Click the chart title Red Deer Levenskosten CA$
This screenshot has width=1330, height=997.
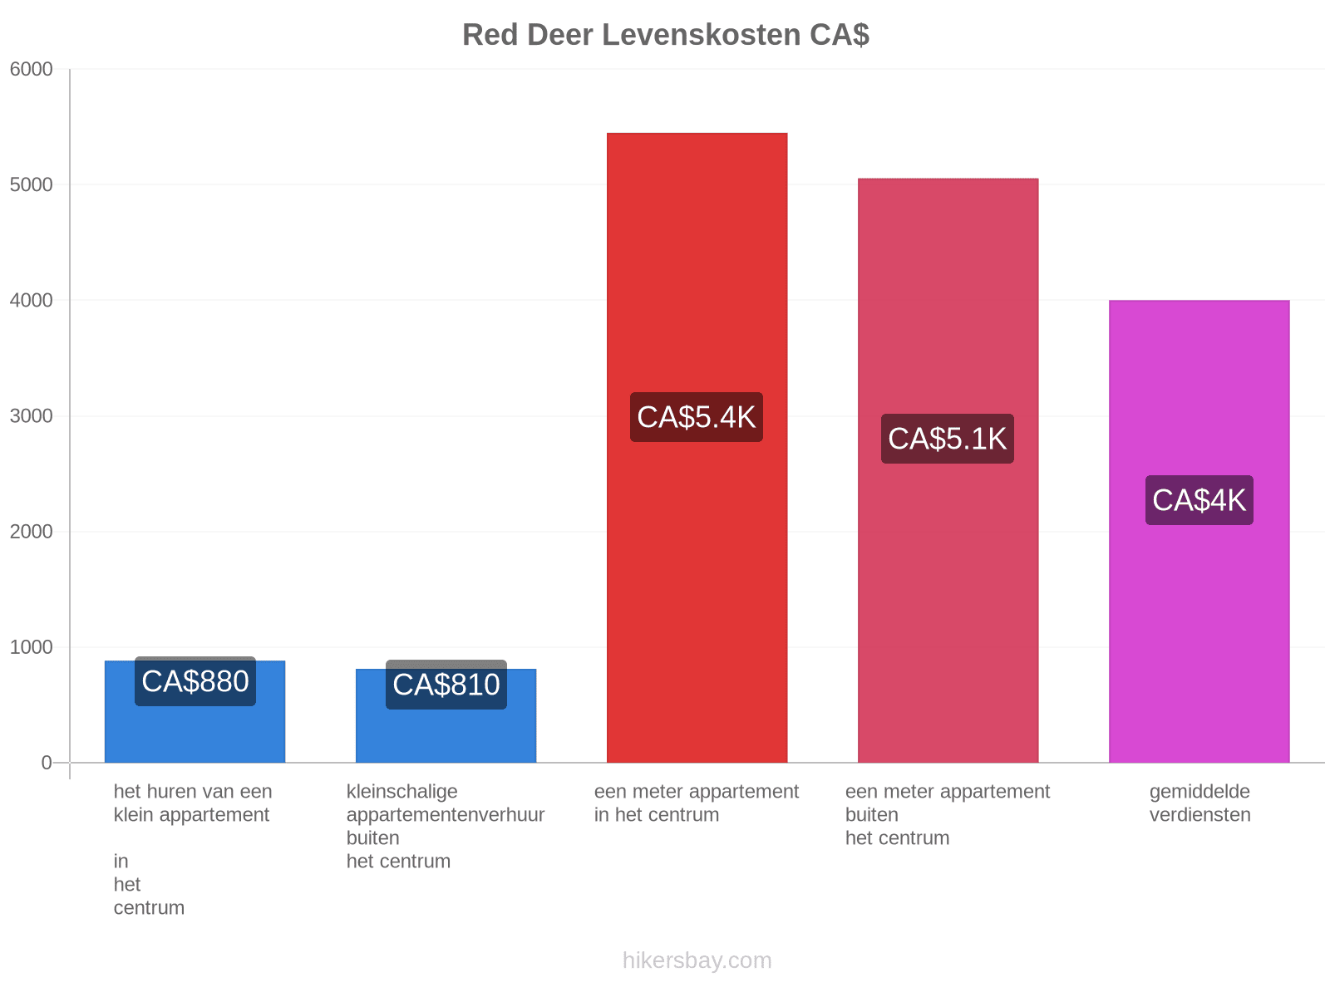point(665,35)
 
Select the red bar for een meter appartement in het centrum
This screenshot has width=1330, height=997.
point(697,447)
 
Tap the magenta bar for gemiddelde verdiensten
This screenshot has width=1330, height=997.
point(1199,531)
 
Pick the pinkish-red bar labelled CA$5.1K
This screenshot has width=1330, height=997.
point(948,470)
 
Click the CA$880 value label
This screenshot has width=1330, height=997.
point(195,681)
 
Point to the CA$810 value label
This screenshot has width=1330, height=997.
point(446,684)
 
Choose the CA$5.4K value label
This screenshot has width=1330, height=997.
point(697,417)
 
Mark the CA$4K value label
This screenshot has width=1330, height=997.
point(1199,500)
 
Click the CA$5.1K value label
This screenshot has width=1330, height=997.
point(947,439)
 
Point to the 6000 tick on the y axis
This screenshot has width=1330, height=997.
point(31,69)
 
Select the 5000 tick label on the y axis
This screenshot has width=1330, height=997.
point(31,184)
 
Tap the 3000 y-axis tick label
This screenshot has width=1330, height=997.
point(31,416)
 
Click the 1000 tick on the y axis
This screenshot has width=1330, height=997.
point(31,647)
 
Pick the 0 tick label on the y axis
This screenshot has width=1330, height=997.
point(46,762)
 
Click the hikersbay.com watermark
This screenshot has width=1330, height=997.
point(697,960)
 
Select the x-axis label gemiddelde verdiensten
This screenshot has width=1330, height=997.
point(1199,803)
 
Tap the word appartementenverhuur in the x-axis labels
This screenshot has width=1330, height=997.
point(446,815)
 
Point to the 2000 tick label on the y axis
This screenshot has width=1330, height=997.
point(31,532)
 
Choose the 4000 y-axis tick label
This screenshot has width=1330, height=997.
point(31,300)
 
